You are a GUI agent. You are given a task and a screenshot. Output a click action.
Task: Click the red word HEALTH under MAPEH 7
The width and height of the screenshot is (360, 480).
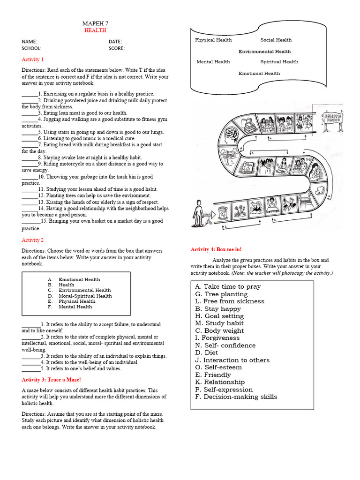point(95,30)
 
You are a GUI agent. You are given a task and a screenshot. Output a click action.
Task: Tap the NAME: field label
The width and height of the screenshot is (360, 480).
point(29,42)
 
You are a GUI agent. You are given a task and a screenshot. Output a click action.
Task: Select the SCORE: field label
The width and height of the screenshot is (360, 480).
point(117,48)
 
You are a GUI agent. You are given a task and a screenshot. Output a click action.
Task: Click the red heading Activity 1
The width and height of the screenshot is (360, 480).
point(32,60)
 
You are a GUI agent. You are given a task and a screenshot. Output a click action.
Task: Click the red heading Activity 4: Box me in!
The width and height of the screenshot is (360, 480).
point(216,249)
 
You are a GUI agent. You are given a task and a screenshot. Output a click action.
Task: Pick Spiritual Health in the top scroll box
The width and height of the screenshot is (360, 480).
point(279,62)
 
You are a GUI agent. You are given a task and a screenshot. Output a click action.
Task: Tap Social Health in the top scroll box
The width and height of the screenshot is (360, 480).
point(276,40)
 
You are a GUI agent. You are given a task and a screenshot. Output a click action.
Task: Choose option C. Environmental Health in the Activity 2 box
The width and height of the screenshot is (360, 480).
point(80,290)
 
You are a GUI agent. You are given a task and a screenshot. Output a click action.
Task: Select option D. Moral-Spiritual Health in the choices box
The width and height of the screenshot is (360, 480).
point(80,296)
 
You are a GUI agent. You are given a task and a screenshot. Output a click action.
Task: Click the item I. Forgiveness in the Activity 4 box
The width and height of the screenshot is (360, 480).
point(217,338)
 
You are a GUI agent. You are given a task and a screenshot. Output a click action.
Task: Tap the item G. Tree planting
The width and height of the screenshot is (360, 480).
point(221,294)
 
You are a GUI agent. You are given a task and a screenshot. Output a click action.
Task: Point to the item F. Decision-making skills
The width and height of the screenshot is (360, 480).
point(236,397)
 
